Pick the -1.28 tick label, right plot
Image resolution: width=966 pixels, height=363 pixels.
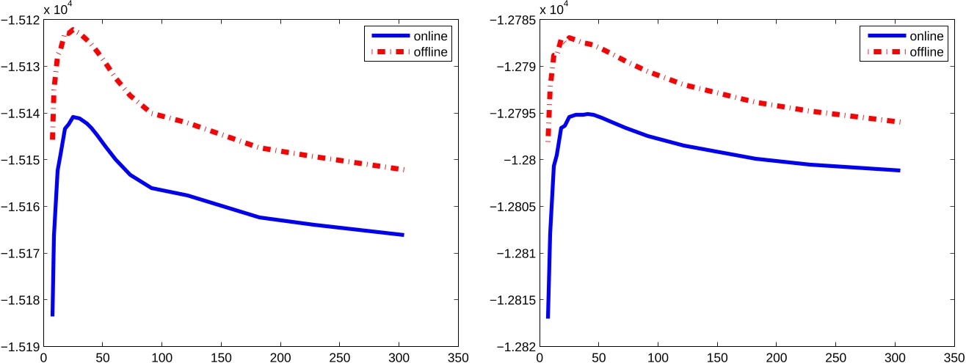[523, 160]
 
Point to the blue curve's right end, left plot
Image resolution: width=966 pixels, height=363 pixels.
[403, 235]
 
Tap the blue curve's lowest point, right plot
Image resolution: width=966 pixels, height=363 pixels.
[548, 317]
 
